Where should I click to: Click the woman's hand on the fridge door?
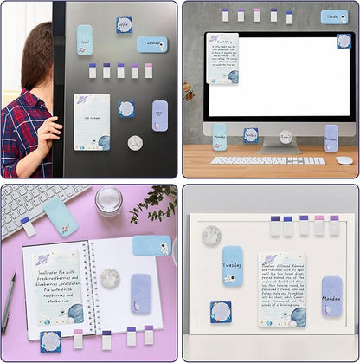[x=50, y=130]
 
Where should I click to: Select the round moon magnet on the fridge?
[x=135, y=142]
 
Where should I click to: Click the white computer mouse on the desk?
[x=344, y=160]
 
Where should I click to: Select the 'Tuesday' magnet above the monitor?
[x=334, y=16]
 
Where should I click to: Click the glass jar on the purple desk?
[x=109, y=200]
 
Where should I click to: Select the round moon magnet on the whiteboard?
[x=211, y=235]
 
